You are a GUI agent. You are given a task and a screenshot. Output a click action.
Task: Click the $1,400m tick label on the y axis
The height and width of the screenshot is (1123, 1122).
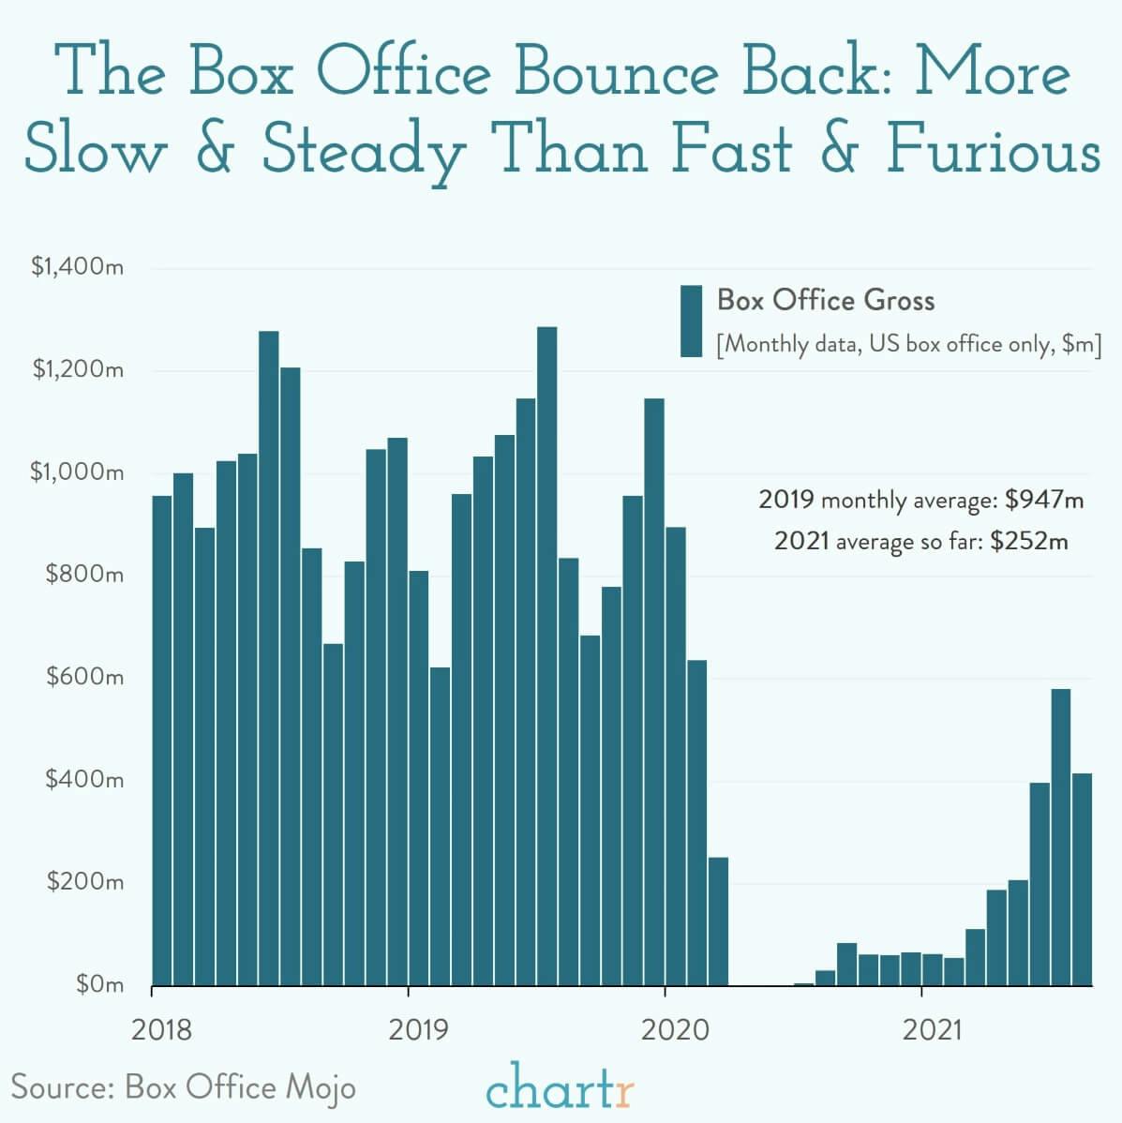[x=77, y=267]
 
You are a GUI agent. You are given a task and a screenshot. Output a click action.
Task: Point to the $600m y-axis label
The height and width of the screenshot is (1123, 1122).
[x=84, y=676]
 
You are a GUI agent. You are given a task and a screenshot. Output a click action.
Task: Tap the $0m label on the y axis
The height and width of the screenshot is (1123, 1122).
[x=99, y=984]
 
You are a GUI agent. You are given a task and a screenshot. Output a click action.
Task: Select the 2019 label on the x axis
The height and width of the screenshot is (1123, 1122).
[x=418, y=1030]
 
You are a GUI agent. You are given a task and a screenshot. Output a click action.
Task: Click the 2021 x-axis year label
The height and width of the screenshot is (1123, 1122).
[x=932, y=1030]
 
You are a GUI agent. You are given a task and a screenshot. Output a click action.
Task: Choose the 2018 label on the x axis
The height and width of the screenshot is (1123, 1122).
[x=161, y=1030]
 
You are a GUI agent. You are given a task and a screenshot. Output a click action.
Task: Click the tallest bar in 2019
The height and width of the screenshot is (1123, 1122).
[x=546, y=656]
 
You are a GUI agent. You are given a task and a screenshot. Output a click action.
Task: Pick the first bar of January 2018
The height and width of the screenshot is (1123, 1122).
[x=162, y=741]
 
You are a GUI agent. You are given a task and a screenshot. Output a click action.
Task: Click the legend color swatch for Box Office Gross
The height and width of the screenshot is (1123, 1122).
[x=692, y=321]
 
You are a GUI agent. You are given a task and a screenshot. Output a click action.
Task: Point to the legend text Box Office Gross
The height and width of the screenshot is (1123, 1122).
[x=826, y=300]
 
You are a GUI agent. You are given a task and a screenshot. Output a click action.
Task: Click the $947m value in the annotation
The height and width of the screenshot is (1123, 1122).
[x=1043, y=500]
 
